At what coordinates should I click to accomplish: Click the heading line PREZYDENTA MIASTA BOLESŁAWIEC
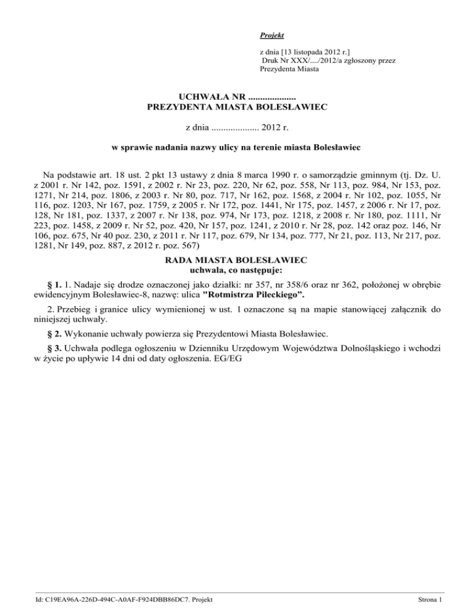(237, 107)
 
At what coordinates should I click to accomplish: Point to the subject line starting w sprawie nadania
(237, 148)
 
